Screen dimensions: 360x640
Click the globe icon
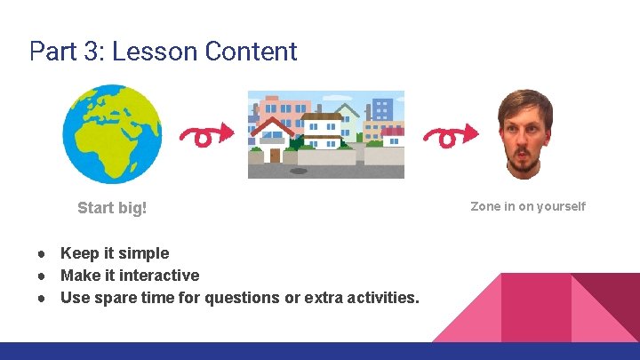pyautogui.click(x=112, y=134)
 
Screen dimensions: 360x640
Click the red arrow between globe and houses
pyautogui.click(x=206, y=135)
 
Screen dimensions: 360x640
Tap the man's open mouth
pyautogui.click(x=524, y=164)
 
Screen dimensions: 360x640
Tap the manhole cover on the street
pyautogui.click(x=299, y=171)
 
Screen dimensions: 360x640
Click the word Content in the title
pyautogui.click(x=251, y=52)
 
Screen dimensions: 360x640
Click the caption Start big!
pyautogui.click(x=112, y=208)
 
